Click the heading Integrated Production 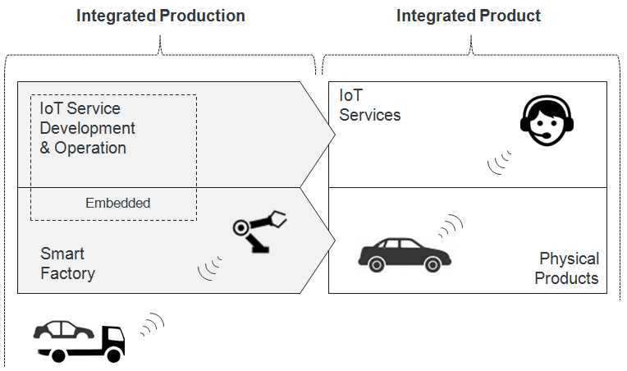click(160, 16)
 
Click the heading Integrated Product click(469, 16)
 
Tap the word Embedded click(117, 203)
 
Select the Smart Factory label click(67, 263)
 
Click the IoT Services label click(369, 106)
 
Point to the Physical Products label click(566, 268)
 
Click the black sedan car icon click(404, 254)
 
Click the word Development click(87, 129)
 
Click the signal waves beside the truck click(151, 325)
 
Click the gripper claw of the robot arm click(277, 218)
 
